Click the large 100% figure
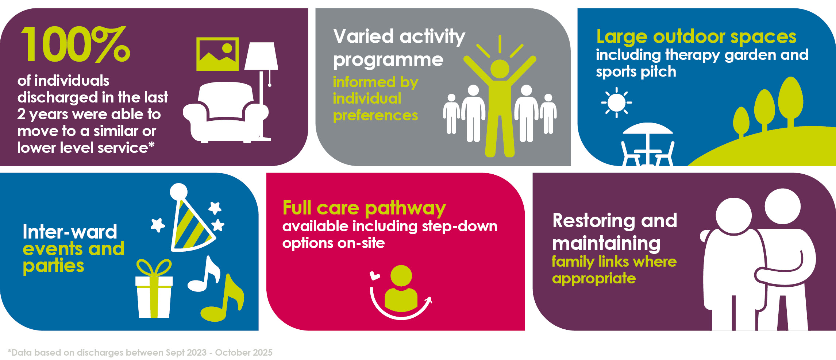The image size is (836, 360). (76, 44)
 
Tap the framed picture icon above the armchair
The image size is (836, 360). (217, 54)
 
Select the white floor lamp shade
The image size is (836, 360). (261, 56)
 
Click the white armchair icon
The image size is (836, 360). (226, 112)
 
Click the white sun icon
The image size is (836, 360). (617, 102)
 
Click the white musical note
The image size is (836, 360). (204, 274)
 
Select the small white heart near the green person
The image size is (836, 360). (375, 276)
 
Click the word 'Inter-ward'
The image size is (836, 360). (70, 232)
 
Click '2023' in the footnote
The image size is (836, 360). (196, 353)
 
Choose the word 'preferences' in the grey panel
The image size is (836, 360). (375, 116)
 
